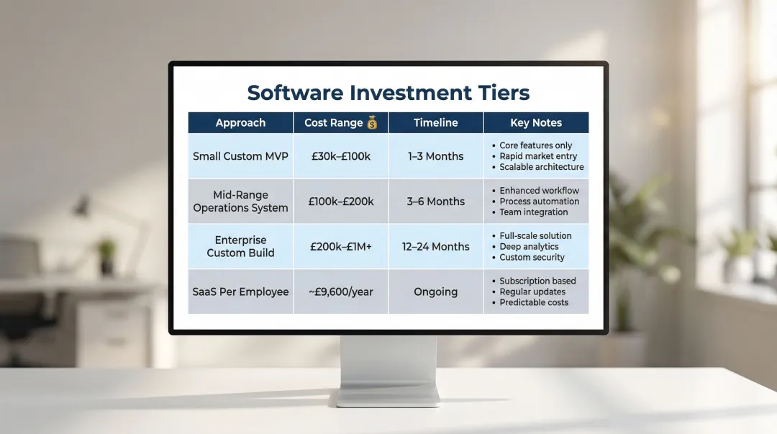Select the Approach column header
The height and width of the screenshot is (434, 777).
point(240,123)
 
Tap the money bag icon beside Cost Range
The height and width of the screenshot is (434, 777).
point(372,123)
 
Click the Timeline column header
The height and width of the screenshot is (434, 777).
point(435,123)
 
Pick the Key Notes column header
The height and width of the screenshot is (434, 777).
point(536,123)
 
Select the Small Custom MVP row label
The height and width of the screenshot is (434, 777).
point(240,156)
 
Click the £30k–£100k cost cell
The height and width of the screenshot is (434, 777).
point(340,156)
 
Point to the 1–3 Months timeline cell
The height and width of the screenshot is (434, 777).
point(435,156)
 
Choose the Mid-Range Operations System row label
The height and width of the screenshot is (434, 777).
point(240,202)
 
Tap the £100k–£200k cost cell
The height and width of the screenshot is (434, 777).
point(340,202)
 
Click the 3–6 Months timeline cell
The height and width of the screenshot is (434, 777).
point(435,202)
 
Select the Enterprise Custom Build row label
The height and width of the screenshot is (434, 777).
point(240,246)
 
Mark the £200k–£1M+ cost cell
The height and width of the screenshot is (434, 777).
point(340,246)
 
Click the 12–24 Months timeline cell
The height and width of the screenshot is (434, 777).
point(435,246)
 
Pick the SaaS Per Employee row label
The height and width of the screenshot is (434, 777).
point(240,291)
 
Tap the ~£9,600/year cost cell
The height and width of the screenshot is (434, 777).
point(340,291)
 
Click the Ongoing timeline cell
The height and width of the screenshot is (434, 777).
point(435,291)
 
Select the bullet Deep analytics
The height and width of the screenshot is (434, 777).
point(529,246)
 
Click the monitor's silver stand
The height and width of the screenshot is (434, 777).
point(388,367)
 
